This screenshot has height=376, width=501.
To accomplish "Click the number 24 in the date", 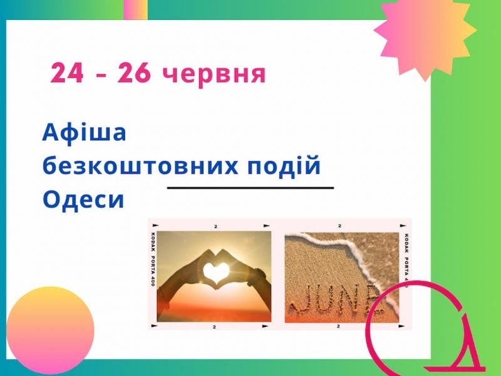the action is click(67, 73).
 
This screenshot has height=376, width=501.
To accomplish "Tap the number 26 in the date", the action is click(134, 73).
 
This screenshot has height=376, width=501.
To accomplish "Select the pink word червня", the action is click(214, 75).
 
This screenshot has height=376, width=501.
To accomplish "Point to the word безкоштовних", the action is click(140, 166).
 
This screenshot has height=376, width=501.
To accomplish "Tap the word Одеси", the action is click(83, 200).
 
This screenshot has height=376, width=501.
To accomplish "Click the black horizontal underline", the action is click(250, 187).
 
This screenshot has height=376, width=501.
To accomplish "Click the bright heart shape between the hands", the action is click(216, 273).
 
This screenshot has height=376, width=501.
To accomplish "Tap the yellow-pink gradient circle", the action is click(50, 330).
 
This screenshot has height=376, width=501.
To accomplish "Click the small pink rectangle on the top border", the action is click(135, 9).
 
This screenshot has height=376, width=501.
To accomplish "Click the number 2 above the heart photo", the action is click(215, 226).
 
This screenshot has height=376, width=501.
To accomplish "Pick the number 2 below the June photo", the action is click(338, 326).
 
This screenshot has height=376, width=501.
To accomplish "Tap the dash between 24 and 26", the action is click(101, 75).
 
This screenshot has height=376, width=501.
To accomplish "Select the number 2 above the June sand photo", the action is click(339, 226).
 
